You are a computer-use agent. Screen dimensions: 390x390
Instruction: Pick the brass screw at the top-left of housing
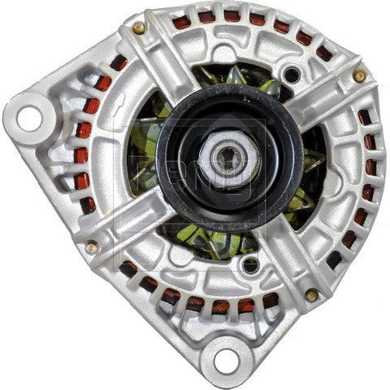[140, 28]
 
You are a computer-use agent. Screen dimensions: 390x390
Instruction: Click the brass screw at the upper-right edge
[358, 76]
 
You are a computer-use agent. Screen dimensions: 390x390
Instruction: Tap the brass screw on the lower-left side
[91, 246]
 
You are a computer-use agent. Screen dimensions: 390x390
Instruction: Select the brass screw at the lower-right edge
[311, 294]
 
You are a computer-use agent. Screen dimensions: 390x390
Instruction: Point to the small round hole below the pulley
[250, 264]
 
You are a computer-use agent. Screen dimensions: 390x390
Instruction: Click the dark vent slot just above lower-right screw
[333, 260]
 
